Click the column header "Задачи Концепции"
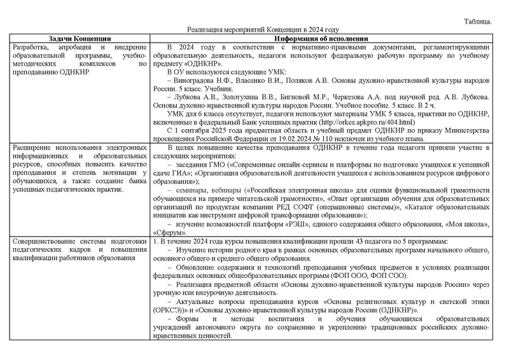pyautogui.click(x=80, y=38)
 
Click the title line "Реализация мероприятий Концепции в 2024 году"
pyautogui.click(x=263, y=30)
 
